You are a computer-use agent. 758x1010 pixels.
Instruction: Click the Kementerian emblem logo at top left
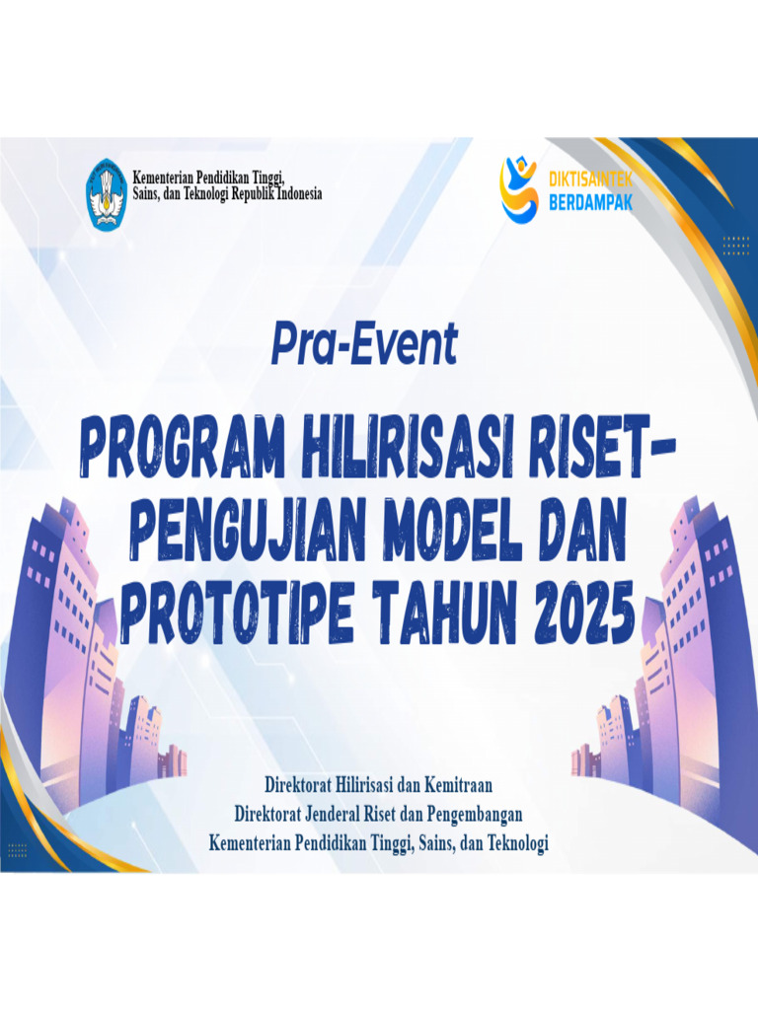[106, 194]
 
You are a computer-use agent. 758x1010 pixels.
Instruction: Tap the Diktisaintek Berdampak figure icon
[519, 189]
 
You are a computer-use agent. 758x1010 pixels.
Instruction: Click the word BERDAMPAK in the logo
[589, 202]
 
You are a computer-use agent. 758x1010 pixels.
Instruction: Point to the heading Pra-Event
[364, 345]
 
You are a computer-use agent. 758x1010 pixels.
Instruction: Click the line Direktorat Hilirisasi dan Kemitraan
[378, 785]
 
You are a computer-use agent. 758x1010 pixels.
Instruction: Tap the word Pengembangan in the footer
[467, 815]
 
